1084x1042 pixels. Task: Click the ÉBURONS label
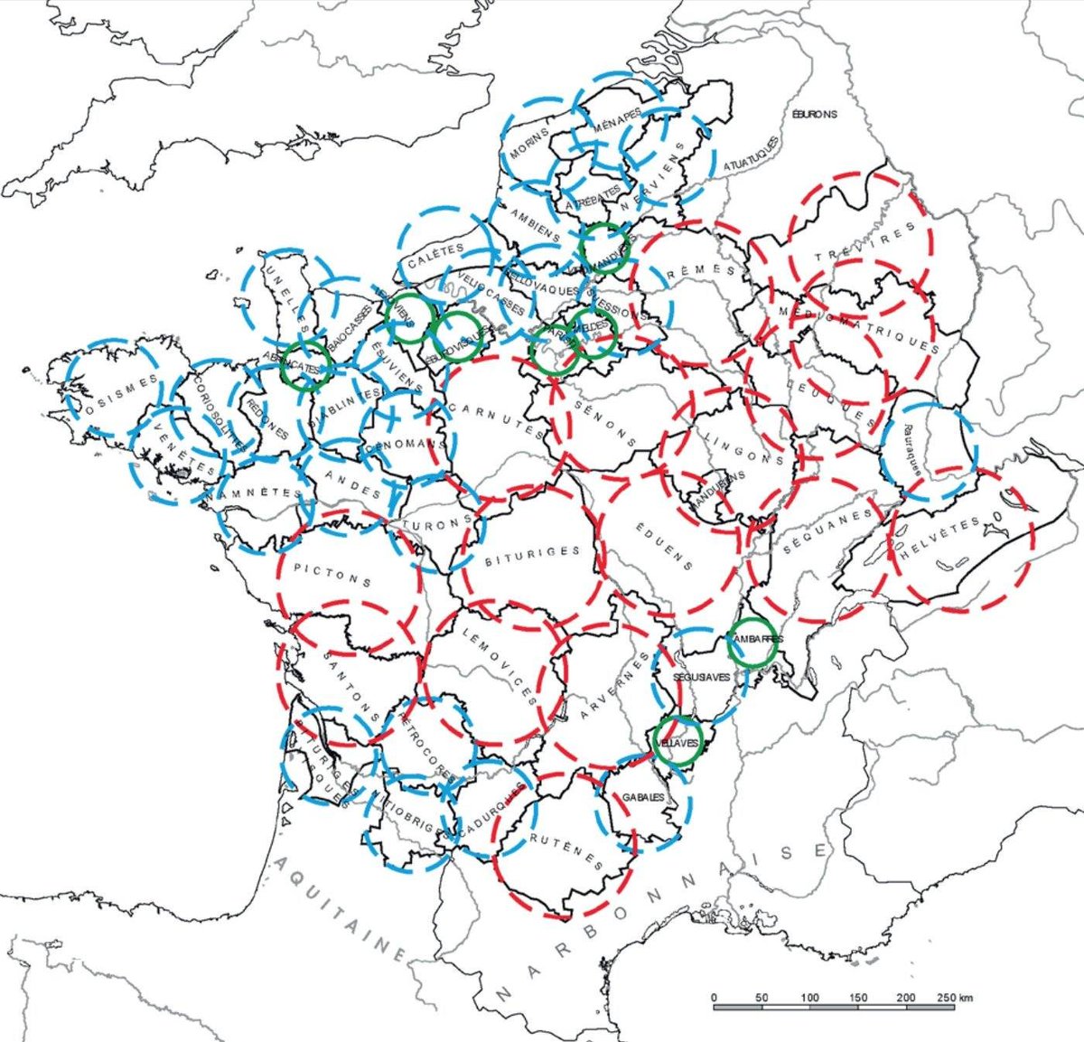814,115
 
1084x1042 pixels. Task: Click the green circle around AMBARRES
752,643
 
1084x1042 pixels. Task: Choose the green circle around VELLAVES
678,740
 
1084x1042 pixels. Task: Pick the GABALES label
643,797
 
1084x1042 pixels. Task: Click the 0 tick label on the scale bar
715,998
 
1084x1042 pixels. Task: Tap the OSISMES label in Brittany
115,394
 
